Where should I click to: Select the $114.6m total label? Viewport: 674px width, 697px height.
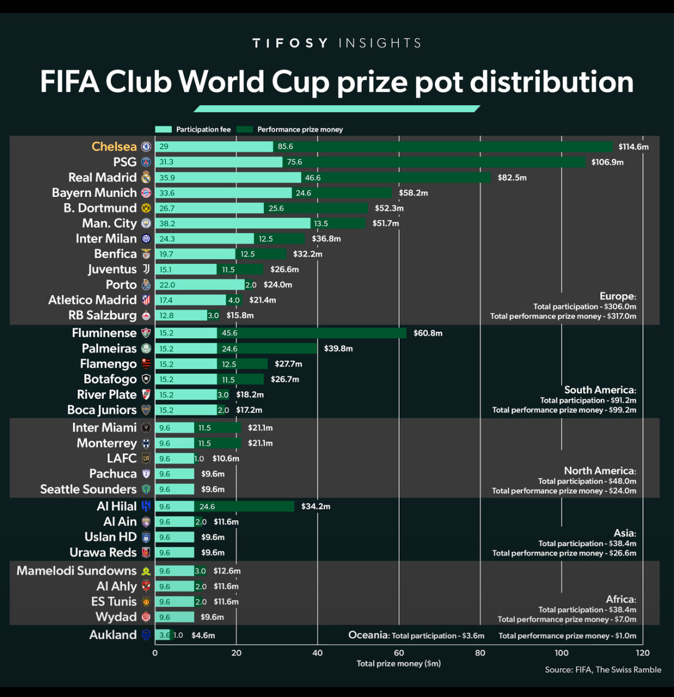point(633,147)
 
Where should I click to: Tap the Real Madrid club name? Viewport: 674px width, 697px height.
point(103,177)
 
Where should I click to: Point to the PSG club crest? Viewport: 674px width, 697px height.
point(146,162)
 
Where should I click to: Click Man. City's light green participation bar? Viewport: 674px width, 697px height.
point(233,224)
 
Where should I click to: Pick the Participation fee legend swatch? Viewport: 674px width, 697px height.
point(163,130)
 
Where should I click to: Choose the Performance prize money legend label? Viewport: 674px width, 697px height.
point(300,130)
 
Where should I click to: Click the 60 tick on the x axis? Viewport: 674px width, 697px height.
point(399,653)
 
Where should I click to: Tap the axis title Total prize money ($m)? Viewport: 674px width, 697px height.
point(399,664)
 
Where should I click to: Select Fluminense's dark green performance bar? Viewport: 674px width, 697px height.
point(312,333)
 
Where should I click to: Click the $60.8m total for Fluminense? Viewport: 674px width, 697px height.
point(427,333)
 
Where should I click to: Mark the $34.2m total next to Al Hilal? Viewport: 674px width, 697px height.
point(316,506)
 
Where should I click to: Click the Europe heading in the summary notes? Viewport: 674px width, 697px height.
point(618,297)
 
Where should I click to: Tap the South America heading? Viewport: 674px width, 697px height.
point(600,390)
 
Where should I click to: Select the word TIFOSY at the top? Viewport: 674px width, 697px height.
point(290,43)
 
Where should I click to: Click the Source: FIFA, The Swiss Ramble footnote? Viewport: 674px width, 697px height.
point(603,669)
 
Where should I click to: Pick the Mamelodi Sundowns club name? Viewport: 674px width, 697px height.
point(77,571)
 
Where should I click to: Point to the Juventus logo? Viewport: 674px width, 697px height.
point(146,269)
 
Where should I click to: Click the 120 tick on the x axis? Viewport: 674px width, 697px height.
point(642,653)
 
